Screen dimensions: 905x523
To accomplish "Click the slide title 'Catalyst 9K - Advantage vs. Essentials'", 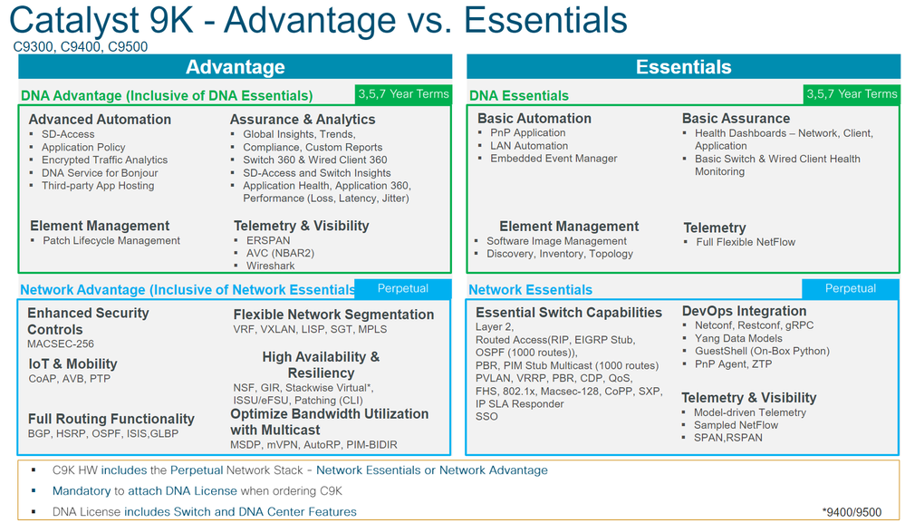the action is tap(318, 20).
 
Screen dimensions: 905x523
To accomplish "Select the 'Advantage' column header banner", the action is tap(235, 67).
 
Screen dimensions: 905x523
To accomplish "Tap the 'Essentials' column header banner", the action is tap(683, 67).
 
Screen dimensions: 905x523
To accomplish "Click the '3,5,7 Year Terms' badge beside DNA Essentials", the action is tap(852, 94).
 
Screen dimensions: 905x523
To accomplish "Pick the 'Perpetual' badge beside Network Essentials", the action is tap(850, 288).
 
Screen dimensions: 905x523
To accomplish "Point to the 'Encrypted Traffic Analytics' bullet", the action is tap(104, 160).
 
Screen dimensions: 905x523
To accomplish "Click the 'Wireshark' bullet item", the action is tap(270, 266).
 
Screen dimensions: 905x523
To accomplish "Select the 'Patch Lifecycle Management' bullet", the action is tap(111, 241).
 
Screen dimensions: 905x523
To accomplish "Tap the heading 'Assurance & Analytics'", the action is tap(303, 120).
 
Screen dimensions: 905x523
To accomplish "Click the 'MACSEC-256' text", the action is tap(61, 344).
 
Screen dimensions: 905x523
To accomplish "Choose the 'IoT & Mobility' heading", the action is tap(72, 363).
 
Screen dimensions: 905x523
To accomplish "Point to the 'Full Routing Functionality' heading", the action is tap(111, 419).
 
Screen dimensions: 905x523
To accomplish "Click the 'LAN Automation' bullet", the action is tap(529, 146).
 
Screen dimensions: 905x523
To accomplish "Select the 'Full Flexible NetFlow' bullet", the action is tap(746, 242).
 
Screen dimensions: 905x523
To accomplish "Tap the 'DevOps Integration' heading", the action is tap(744, 311).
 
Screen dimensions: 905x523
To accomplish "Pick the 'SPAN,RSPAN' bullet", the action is tap(727, 438).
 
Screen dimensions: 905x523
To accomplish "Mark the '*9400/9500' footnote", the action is tap(852, 512).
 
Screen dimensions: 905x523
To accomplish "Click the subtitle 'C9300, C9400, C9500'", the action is tap(81, 47).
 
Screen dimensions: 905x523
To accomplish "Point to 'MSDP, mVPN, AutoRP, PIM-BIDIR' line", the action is tap(314, 444).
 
